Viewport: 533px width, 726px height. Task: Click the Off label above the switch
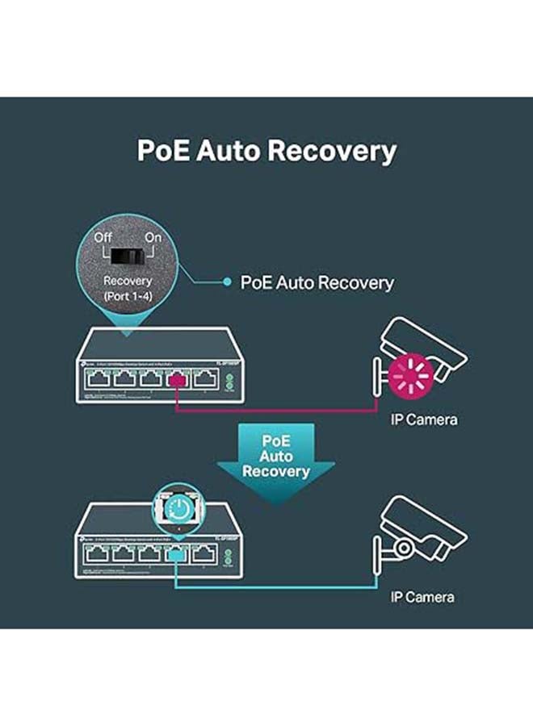[x=103, y=238]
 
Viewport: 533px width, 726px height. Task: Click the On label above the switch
[x=153, y=238]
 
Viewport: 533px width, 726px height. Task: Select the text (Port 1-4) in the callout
[x=128, y=296]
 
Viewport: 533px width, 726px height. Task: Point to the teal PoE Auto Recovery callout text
[x=317, y=282]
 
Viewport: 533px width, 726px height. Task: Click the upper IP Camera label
[x=423, y=419]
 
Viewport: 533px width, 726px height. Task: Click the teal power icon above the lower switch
[x=175, y=507]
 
